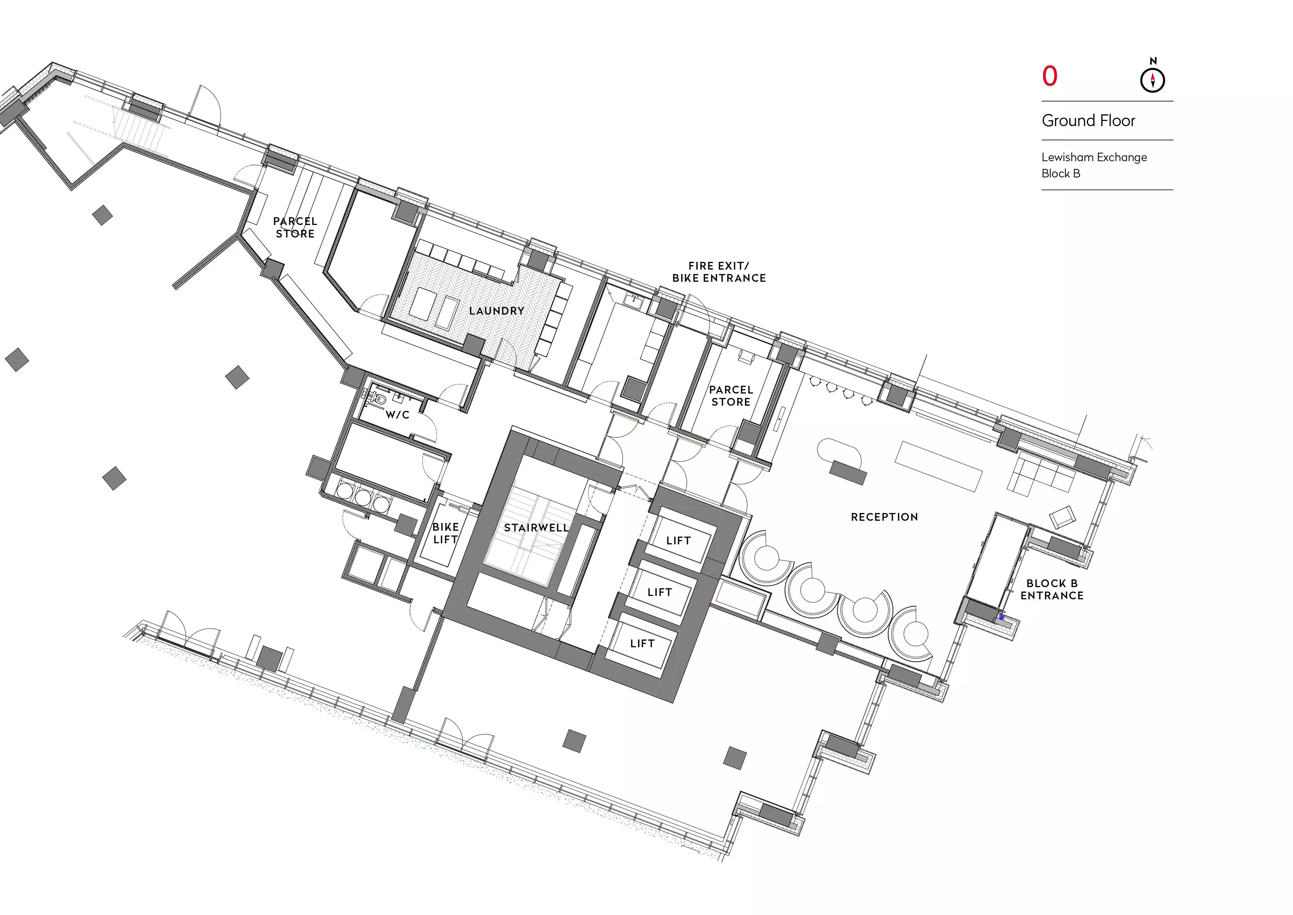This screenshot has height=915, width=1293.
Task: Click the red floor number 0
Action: coord(1050,76)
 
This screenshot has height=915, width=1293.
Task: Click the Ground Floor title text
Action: coord(1088,121)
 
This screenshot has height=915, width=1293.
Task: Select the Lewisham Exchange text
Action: coord(1094,157)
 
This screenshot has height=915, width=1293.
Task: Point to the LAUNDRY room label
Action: coord(497,311)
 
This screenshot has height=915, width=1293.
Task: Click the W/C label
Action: coord(398,415)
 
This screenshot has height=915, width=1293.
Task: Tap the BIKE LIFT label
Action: coord(446,533)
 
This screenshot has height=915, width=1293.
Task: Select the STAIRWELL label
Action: coord(536,528)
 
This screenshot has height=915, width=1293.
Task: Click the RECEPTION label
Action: coord(884,517)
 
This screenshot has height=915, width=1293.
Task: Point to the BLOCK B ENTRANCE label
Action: coord(1052,589)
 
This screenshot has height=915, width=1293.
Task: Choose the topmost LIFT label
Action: coord(678,541)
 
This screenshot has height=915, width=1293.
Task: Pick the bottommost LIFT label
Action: coord(642,644)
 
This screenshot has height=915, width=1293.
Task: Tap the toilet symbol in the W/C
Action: coord(379,399)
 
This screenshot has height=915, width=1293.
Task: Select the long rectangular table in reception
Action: coord(938,467)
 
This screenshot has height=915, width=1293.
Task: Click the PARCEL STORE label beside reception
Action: coord(731,395)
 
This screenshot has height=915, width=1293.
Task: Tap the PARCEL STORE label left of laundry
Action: coord(295,228)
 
